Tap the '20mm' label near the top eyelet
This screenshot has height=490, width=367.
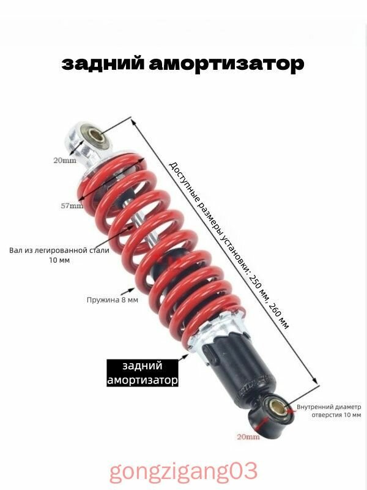click(64, 161)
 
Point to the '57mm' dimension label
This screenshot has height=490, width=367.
click(72, 206)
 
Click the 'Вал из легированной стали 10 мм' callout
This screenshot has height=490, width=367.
click(59, 255)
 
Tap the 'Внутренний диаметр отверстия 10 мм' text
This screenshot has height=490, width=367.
click(329, 410)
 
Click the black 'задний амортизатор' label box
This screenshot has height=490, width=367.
click(143, 373)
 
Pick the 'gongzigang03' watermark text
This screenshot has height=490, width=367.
click(183, 472)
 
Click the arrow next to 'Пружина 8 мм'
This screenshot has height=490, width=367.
click(128, 293)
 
